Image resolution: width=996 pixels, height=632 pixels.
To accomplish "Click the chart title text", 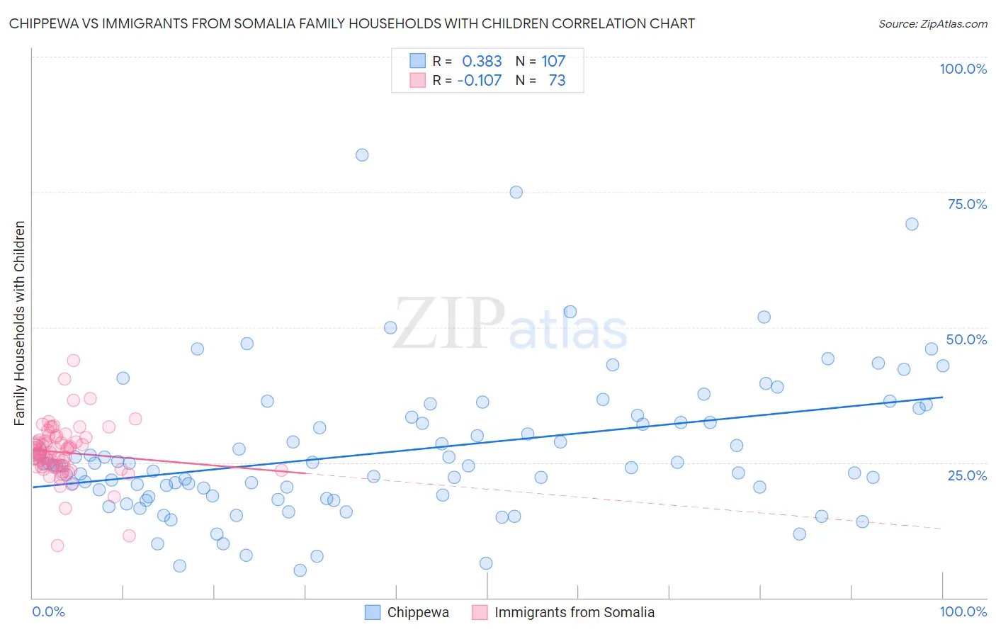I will (351, 23).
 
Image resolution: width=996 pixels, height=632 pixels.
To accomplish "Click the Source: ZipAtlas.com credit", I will (932, 23).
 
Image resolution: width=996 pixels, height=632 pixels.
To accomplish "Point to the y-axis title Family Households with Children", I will (19, 323).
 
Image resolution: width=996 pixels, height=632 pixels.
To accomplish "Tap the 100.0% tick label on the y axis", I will (963, 69).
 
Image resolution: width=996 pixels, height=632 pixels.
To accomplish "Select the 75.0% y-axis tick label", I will (967, 204).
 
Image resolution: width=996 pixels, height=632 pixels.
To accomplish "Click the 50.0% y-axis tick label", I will (966, 339).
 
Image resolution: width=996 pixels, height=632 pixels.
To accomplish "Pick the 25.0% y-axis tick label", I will (967, 475).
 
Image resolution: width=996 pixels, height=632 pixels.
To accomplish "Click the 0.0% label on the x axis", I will (48, 611).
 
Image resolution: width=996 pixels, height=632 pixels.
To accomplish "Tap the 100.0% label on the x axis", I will (963, 611).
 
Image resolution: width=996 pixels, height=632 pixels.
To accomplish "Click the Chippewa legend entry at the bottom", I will (417, 612).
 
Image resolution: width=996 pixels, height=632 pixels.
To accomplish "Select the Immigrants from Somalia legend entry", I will (574, 612).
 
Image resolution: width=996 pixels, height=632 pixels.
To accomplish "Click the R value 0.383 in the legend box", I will (482, 62).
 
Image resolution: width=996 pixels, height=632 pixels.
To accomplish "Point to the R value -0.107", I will (480, 81).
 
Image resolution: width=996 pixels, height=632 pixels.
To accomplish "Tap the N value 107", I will (553, 62).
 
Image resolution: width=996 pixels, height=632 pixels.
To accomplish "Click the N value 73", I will (557, 81).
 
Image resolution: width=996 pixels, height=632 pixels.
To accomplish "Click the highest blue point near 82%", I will (362, 155).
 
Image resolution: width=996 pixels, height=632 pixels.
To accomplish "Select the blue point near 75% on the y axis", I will (516, 192).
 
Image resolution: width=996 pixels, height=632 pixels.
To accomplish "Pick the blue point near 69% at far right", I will (912, 224).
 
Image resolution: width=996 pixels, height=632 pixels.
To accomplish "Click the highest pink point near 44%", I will (73, 361).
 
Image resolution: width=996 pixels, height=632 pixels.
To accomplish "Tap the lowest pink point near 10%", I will (57, 546).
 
